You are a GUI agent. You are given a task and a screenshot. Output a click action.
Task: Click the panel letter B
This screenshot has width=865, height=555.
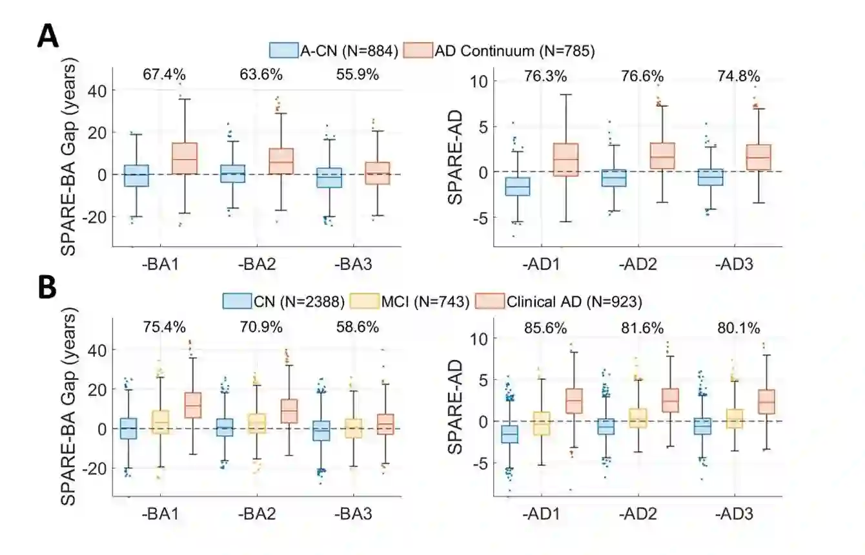(x=47, y=289)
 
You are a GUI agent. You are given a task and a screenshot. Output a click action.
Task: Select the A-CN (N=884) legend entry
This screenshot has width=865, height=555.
(x=334, y=50)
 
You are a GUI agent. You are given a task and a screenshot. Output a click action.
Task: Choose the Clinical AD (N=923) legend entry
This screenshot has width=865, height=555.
(x=559, y=301)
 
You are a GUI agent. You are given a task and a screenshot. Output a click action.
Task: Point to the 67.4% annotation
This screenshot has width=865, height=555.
(x=164, y=74)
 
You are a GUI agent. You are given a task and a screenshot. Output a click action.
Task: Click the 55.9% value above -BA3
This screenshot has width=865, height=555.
(x=357, y=74)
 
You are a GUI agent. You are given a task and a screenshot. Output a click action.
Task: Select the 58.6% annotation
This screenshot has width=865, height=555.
(x=357, y=328)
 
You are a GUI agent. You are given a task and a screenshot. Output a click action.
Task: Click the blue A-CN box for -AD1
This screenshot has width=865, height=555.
(x=517, y=186)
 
